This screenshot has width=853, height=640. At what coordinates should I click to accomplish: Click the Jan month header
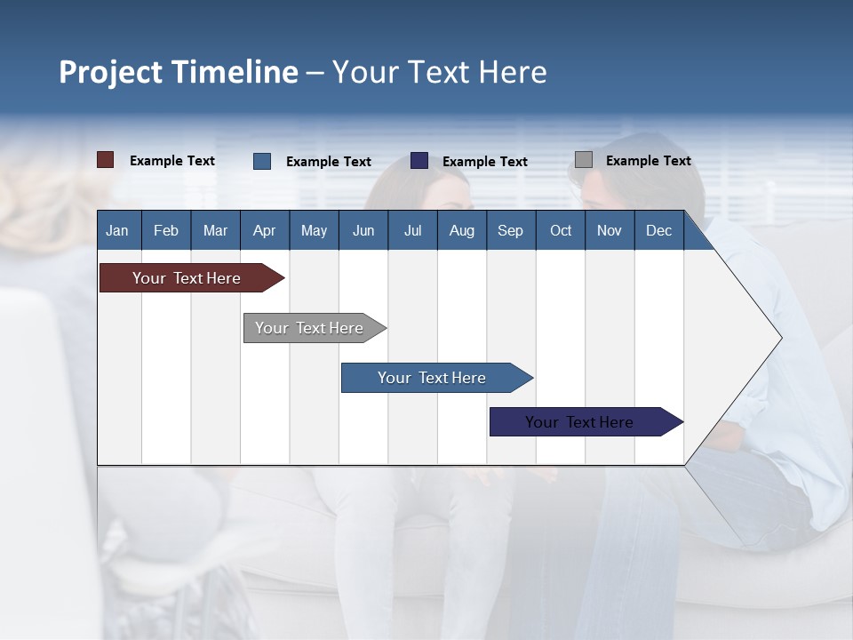coord(117,230)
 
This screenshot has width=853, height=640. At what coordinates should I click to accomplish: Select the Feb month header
coord(166,230)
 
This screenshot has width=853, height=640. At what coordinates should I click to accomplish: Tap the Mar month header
coord(215,230)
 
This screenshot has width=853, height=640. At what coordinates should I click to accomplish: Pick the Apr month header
coord(265,230)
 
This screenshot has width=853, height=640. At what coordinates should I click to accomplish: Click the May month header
coord(314,230)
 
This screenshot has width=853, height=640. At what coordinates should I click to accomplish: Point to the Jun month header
coord(363,230)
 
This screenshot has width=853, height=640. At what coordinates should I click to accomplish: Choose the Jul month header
coord(412,230)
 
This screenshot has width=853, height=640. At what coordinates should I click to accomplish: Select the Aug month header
coord(462,230)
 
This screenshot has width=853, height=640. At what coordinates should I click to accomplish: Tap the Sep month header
coord(511,230)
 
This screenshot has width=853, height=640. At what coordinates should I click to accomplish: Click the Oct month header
coord(561,230)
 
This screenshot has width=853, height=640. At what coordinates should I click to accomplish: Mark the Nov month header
coord(610,230)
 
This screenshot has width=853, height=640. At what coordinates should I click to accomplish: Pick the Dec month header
coord(659,230)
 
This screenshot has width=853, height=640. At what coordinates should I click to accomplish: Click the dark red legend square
coord(106,160)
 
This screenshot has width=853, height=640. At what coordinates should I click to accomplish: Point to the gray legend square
coord(584,160)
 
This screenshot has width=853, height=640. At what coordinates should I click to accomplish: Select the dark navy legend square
coord(419,161)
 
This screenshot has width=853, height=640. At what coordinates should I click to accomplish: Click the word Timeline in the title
coord(235,72)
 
